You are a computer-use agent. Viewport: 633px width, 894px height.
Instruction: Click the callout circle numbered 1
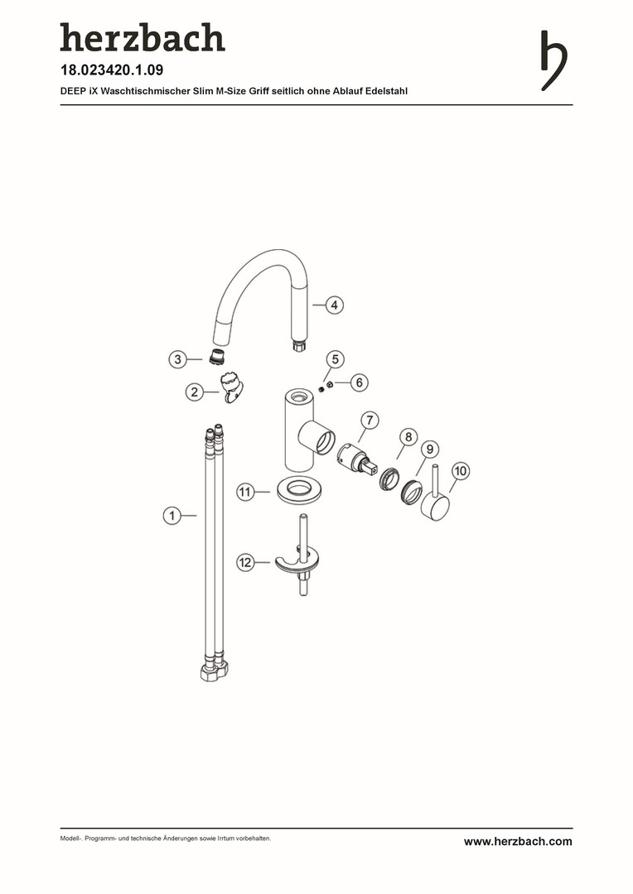coord(172,516)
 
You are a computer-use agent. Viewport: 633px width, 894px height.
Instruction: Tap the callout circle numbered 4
coord(334,305)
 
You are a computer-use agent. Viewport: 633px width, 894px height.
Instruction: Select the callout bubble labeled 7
coord(370,421)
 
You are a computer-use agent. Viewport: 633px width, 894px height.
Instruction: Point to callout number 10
coord(461,471)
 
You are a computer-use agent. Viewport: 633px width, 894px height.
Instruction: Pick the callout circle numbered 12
coord(245,563)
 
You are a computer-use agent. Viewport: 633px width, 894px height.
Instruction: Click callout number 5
coord(335,359)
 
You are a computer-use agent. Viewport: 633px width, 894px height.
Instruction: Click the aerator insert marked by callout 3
coord(215,356)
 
